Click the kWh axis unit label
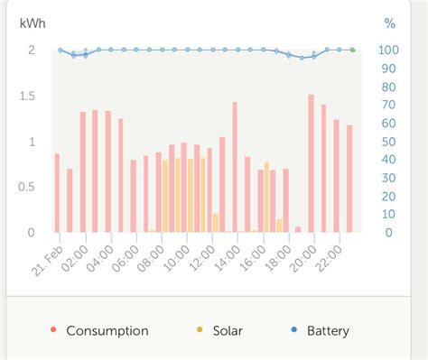click(32, 23)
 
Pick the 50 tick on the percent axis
click(386, 142)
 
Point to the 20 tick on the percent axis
click(386, 197)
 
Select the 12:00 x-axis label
click(200, 254)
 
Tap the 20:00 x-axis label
click(302, 254)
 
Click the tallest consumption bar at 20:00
click(311, 163)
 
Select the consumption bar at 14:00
click(235, 167)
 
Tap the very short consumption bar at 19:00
click(298, 229)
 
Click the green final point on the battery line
click(352, 50)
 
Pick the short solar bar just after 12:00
click(215, 223)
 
